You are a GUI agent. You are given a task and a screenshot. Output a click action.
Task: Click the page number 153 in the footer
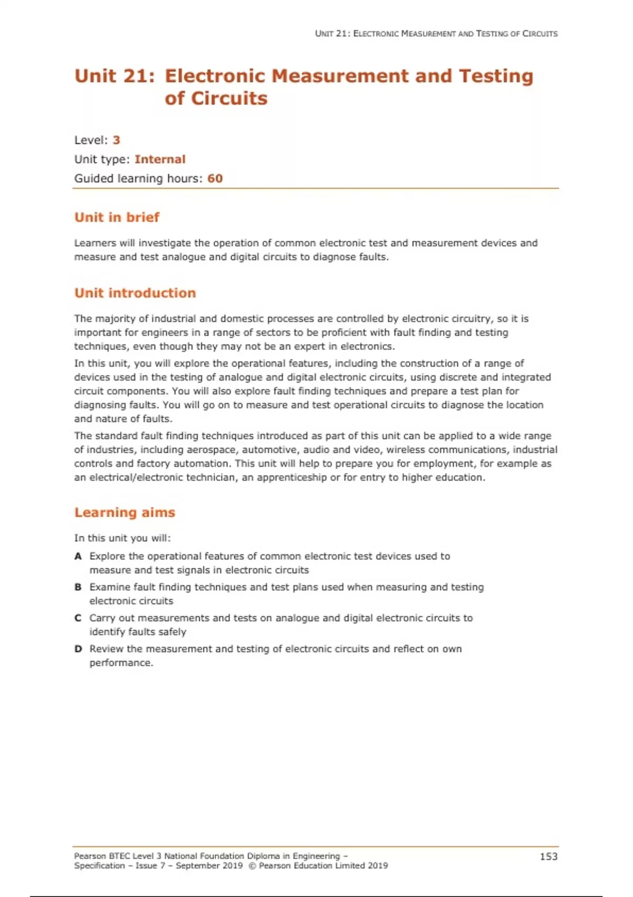(x=549, y=856)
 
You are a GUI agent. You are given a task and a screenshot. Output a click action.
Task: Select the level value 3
(x=117, y=140)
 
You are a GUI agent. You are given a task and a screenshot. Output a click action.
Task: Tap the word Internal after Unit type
(x=160, y=159)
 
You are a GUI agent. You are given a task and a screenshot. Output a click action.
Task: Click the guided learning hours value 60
(x=215, y=178)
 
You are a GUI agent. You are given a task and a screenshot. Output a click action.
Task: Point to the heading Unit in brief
(x=117, y=217)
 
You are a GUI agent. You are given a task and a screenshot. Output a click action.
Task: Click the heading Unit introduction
(x=135, y=293)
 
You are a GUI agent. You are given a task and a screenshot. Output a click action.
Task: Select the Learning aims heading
(x=124, y=512)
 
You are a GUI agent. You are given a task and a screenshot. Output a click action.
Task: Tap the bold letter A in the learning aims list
(x=78, y=556)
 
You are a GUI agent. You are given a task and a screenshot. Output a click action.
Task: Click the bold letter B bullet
(x=78, y=587)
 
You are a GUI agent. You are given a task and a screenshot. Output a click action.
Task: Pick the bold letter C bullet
(x=78, y=618)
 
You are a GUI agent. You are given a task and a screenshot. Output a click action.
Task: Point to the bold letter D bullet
(x=78, y=648)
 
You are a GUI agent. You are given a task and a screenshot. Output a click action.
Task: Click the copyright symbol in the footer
(x=252, y=866)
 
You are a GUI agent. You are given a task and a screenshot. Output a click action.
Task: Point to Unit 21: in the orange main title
(x=115, y=77)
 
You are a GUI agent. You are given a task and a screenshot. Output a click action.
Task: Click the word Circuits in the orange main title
(x=229, y=99)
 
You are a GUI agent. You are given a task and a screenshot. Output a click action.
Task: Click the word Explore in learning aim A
(x=107, y=556)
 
